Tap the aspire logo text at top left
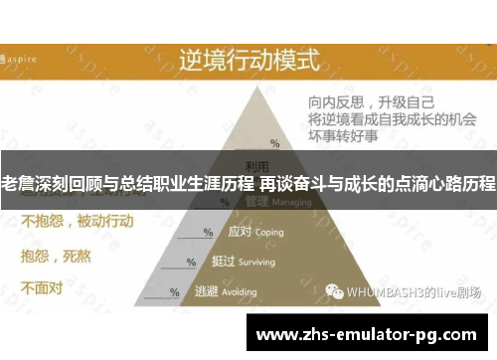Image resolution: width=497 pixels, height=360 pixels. (x=26, y=58)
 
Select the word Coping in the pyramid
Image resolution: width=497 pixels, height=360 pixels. (x=268, y=232)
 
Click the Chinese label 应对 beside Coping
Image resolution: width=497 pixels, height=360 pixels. (x=240, y=231)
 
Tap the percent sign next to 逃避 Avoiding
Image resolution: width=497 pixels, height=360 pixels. (x=175, y=292)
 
